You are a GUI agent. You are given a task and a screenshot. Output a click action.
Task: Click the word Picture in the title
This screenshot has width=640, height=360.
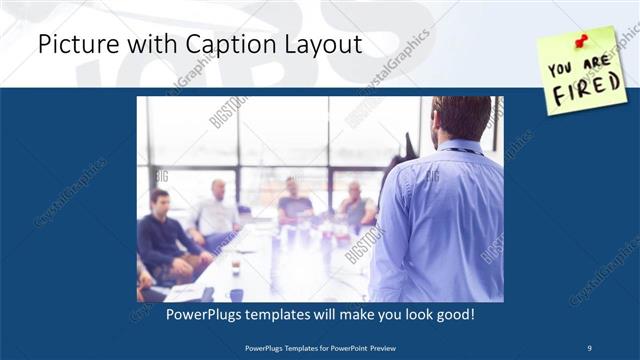tap(75, 45)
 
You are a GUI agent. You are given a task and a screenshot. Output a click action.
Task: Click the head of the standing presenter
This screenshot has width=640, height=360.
tap(462, 117)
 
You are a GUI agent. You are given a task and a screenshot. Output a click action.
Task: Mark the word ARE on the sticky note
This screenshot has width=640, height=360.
tap(596, 61)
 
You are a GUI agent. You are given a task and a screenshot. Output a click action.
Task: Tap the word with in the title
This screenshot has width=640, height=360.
tap(134, 45)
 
